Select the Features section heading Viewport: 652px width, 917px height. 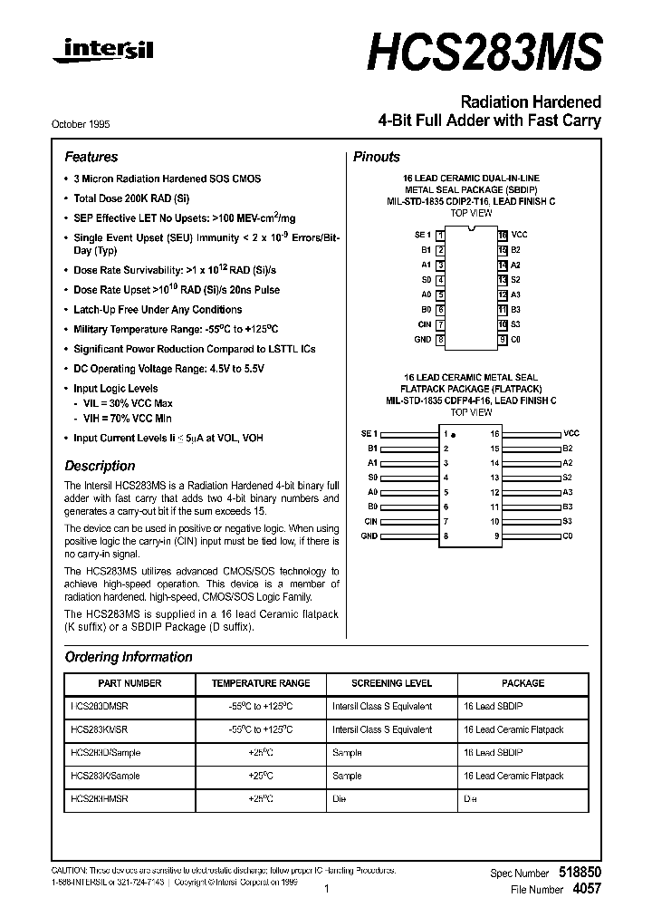point(91,157)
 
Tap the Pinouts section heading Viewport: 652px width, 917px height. point(376,157)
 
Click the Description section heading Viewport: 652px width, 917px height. point(100,466)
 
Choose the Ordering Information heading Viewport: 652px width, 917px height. point(129,657)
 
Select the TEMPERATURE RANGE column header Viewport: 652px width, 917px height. point(261,683)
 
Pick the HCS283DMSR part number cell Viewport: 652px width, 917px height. point(99,706)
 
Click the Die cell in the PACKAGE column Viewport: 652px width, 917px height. point(469,798)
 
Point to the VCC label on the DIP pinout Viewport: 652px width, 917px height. point(519,235)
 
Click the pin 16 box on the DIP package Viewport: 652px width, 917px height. point(502,235)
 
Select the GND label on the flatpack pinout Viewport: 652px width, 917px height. point(369,536)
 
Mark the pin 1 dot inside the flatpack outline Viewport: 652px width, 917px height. point(453,435)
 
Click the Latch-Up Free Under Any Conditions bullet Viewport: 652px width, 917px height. point(158,310)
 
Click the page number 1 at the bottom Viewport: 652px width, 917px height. point(326,890)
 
